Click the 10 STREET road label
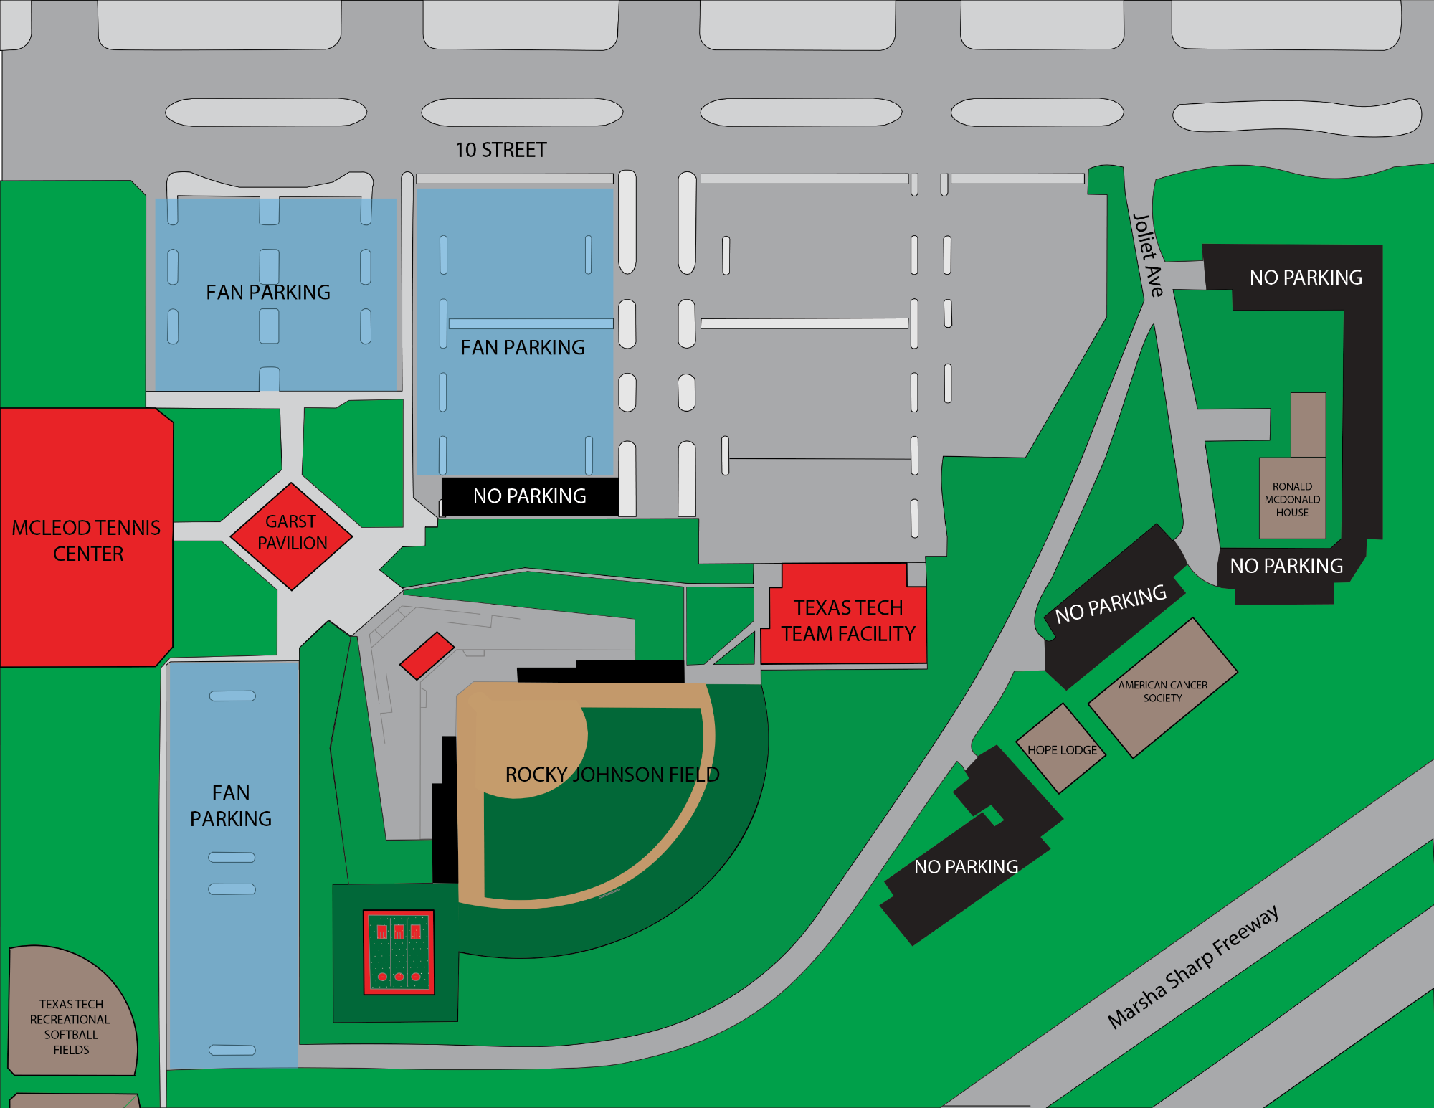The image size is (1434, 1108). [500, 150]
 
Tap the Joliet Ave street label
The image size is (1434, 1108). [1147, 255]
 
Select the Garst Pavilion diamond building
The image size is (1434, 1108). [291, 534]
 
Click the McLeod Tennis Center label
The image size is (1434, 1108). [87, 540]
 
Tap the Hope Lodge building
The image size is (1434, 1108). [1062, 749]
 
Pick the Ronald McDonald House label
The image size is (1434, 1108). [1292, 499]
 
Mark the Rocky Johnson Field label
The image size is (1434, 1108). [612, 775]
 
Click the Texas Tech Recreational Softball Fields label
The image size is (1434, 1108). [71, 1026]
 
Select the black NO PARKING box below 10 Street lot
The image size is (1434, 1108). [530, 496]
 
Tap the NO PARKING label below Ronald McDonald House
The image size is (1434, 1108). [1286, 566]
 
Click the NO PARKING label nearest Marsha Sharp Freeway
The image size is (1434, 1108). [966, 867]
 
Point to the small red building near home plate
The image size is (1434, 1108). [427, 655]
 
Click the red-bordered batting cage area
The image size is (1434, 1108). [399, 952]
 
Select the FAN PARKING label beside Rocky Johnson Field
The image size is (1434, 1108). [231, 805]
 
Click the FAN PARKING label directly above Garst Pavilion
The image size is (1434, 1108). [268, 293]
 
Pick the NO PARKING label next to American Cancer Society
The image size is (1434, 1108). [1111, 604]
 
